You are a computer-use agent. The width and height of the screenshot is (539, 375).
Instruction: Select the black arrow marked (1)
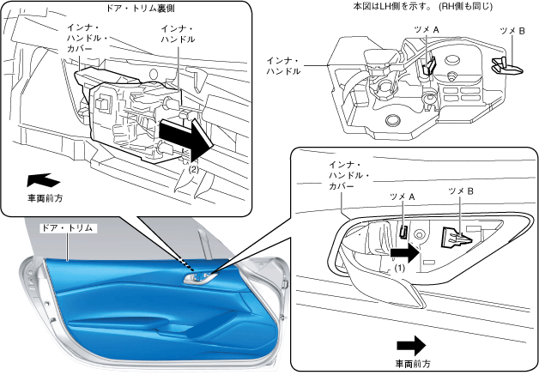coord(404,253)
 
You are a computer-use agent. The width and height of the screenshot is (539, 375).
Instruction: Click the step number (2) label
coord(193,169)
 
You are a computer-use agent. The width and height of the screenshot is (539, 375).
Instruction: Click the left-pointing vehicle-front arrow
coord(43,179)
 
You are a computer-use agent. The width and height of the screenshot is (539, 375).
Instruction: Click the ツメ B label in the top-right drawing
coord(512,29)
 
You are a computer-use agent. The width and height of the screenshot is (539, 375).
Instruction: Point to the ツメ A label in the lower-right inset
coord(402,197)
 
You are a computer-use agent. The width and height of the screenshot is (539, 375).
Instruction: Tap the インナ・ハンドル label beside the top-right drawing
coord(284,66)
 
